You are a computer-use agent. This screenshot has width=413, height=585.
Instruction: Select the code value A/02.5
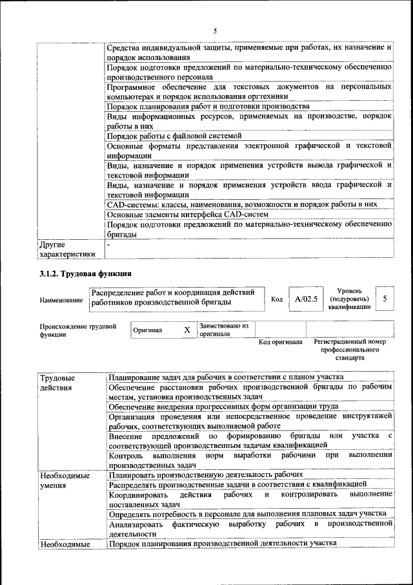pos(306,299)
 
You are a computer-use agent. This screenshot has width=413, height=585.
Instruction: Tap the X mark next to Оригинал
pos(186,330)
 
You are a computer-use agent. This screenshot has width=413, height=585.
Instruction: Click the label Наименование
pos(61,300)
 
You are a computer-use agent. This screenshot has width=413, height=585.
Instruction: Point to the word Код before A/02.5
pos(277,299)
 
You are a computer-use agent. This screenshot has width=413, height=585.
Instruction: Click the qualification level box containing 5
pos(385,299)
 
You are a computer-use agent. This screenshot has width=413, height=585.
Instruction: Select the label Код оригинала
pos(280,341)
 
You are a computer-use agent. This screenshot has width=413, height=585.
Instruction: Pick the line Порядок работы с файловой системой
pos(174,136)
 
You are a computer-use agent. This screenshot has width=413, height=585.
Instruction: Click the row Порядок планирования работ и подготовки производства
pos(208,106)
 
